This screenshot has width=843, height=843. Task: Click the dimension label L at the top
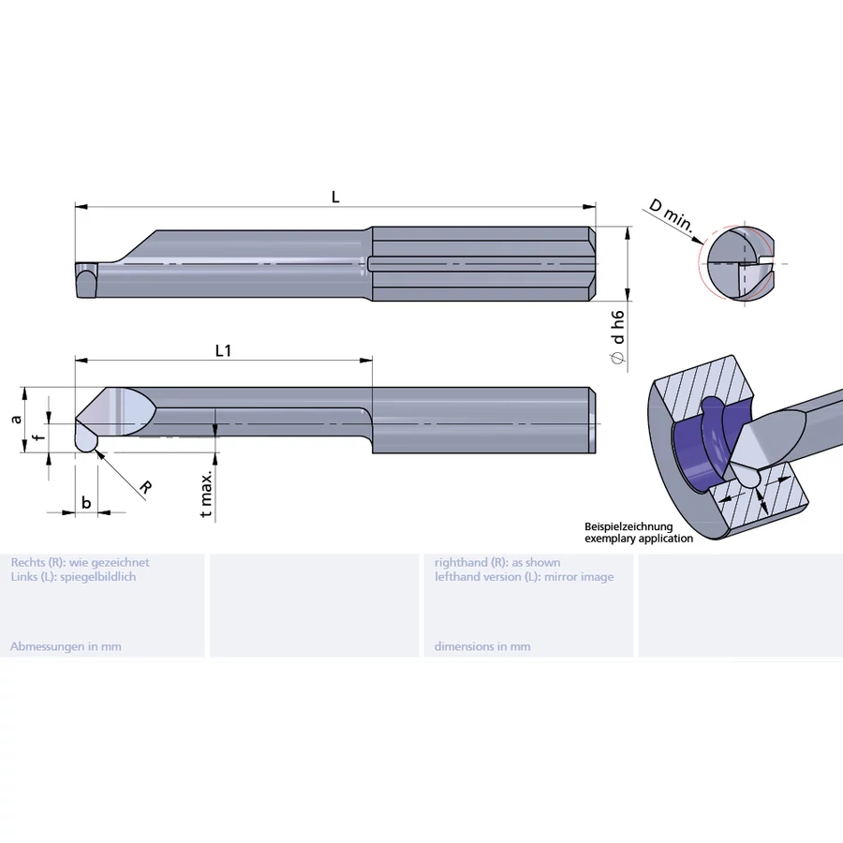pyautogui.click(x=335, y=197)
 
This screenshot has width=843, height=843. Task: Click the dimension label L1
pyautogui.click(x=223, y=350)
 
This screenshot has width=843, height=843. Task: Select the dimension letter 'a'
pyautogui.click(x=16, y=419)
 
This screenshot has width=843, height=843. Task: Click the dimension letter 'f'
pyautogui.click(x=37, y=437)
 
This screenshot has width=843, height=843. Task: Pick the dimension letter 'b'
pyautogui.click(x=86, y=503)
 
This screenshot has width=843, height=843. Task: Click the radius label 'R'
pyautogui.click(x=145, y=487)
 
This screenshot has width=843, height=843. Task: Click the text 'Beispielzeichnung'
pyautogui.click(x=629, y=527)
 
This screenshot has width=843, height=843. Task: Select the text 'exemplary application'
pyautogui.click(x=639, y=539)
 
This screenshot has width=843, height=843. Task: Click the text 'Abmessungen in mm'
pyautogui.click(x=66, y=646)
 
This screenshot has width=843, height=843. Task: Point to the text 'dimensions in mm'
pyautogui.click(x=482, y=646)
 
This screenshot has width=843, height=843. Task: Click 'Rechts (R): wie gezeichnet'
pyautogui.click(x=80, y=562)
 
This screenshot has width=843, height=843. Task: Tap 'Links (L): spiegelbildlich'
pyautogui.click(x=73, y=577)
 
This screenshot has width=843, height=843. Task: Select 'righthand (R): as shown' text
pyautogui.click(x=497, y=562)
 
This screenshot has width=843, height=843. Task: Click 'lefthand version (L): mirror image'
pyautogui.click(x=524, y=577)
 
